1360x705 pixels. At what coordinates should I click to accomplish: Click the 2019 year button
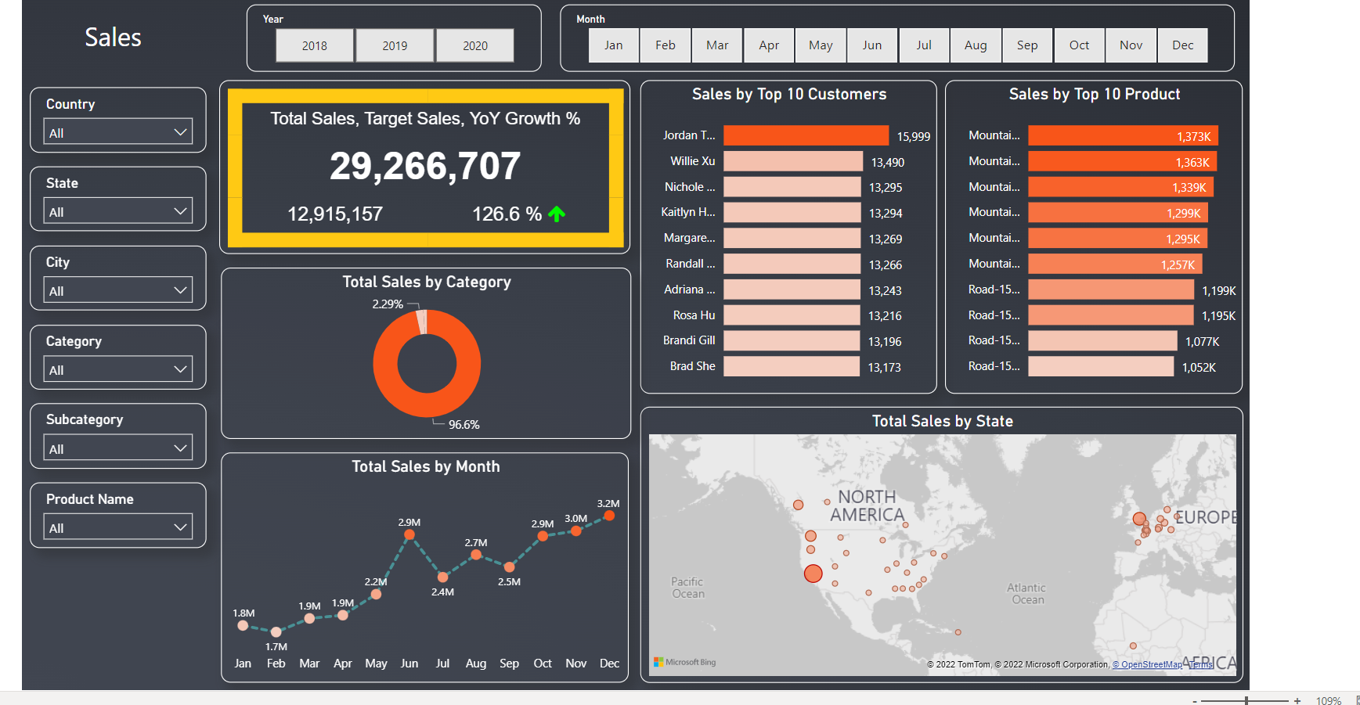pyautogui.click(x=395, y=45)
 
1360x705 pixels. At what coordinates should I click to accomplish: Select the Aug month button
pyautogui.click(x=976, y=45)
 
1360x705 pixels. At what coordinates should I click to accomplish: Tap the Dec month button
pyautogui.click(x=1182, y=45)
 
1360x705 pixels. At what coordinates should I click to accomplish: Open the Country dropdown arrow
pyautogui.click(x=180, y=132)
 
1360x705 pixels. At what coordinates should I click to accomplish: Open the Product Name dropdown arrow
pyautogui.click(x=180, y=527)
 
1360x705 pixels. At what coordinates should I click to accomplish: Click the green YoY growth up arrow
pyautogui.click(x=557, y=214)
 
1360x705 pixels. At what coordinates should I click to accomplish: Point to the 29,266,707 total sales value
pyautogui.click(x=424, y=166)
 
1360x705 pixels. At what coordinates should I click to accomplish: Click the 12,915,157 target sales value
pyautogui.click(x=335, y=214)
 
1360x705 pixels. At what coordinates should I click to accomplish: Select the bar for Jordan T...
pyautogui.click(x=806, y=135)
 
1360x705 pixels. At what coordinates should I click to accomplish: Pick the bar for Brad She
pyautogui.click(x=791, y=366)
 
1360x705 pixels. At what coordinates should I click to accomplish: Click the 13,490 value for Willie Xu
pyautogui.click(x=887, y=162)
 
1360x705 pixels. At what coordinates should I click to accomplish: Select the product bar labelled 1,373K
pyautogui.click(x=1122, y=136)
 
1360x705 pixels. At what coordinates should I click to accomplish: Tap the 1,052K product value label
pyautogui.click(x=1199, y=367)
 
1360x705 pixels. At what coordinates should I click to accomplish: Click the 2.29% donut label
pyautogui.click(x=388, y=304)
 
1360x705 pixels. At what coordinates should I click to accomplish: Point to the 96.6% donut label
pyautogui.click(x=464, y=424)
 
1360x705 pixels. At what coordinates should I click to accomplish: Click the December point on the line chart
pyautogui.click(x=609, y=516)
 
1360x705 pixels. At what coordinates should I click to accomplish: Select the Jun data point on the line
pyautogui.click(x=409, y=535)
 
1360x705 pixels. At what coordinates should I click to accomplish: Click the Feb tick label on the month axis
pyautogui.click(x=276, y=663)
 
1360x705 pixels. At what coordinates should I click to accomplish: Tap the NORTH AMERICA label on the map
pyautogui.click(x=867, y=506)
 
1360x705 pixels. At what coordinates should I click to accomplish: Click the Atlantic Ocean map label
pyautogui.click(x=1026, y=593)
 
